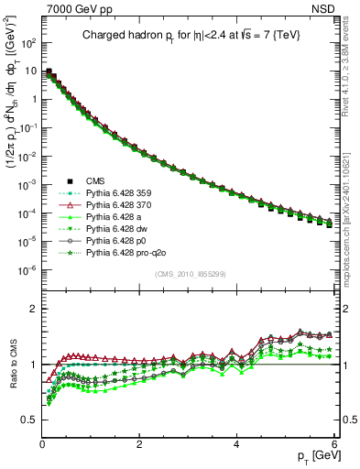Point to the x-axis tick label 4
[x=236, y=444]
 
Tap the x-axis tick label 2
[x=139, y=444]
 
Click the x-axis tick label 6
[x=333, y=444]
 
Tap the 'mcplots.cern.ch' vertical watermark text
[x=351, y=211]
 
